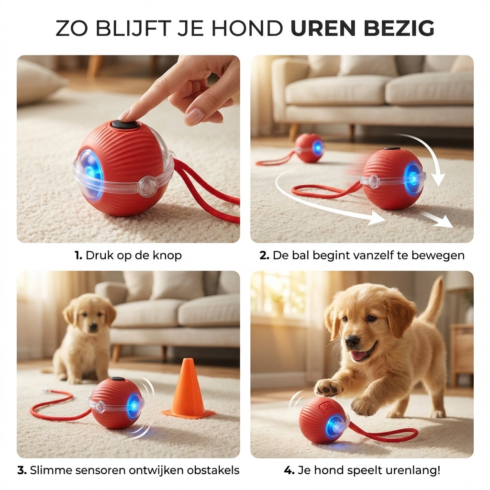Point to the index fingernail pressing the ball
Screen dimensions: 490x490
click(125, 114)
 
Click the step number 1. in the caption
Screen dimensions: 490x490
click(78, 256)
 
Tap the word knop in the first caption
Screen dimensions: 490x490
click(168, 256)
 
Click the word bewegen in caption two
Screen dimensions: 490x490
click(440, 256)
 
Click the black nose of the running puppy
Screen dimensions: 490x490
click(352, 341)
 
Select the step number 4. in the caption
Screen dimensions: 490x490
click(289, 470)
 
